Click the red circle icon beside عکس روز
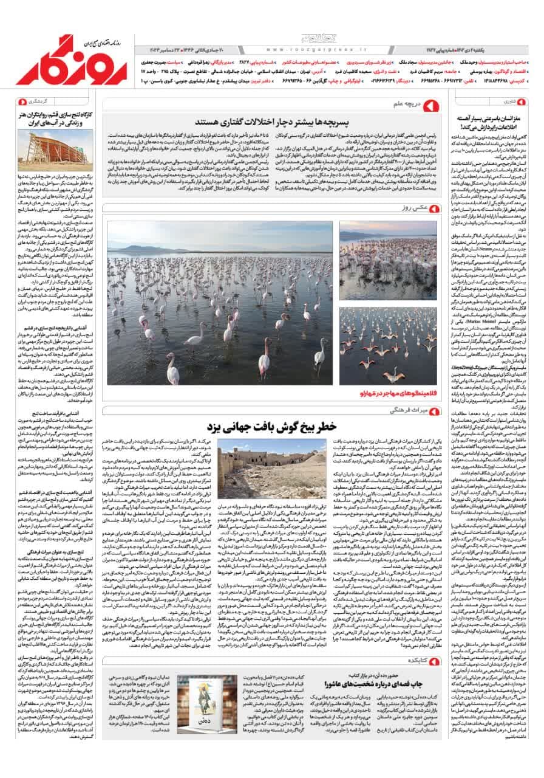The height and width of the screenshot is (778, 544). coord(433,208)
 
